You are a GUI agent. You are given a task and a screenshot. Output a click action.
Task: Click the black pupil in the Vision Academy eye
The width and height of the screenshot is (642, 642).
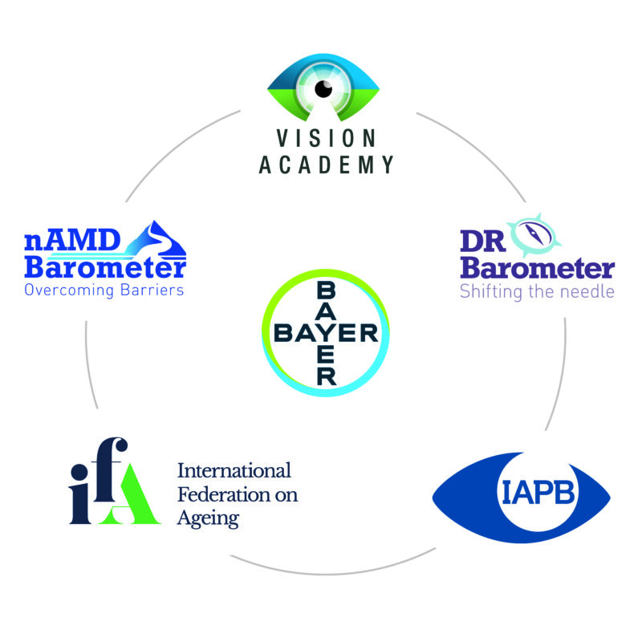[x=322, y=89]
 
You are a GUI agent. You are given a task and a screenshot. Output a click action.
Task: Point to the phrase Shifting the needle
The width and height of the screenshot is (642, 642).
[x=537, y=291]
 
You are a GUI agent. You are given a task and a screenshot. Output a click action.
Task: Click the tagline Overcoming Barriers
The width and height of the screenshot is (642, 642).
[x=104, y=290]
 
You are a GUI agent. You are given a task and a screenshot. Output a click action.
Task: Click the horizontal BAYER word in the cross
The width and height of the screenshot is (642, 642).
[x=326, y=332]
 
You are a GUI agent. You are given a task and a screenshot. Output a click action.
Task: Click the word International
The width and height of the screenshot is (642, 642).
[x=233, y=471]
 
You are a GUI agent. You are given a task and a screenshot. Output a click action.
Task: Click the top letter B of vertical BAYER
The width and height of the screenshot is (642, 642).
[x=326, y=290]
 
